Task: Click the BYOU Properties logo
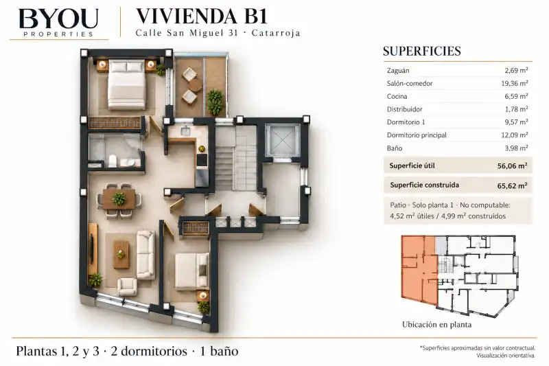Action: coord(58,23)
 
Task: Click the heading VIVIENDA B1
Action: coord(201,16)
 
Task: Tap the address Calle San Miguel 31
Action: coord(187,33)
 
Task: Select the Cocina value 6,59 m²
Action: coord(516,96)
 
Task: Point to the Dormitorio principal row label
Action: coord(417,135)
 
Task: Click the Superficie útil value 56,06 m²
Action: coord(512,165)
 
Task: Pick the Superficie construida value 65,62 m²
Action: coord(512,185)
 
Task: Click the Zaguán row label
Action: coord(398,71)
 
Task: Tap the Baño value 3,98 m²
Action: coord(516,148)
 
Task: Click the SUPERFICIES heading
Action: coord(421,51)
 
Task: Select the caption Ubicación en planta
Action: coord(436,325)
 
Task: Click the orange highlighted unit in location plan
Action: coord(419,270)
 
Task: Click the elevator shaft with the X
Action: coord(283,140)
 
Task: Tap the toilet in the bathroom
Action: coord(113,161)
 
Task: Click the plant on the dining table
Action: coord(119,199)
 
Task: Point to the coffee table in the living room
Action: coord(121,254)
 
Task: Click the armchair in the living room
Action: coord(127,287)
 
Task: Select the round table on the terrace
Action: coord(196,85)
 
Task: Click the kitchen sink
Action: coord(185,131)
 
